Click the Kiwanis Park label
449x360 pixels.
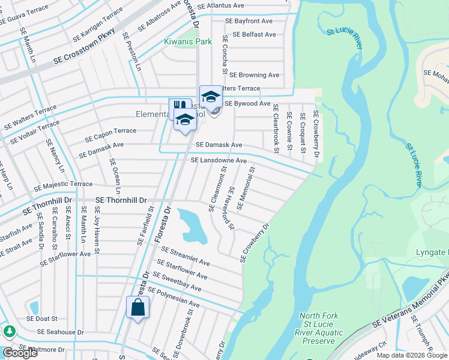(188, 42)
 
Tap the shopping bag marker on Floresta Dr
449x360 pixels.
(137, 308)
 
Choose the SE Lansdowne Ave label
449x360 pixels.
(218, 161)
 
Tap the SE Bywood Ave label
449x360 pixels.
(247, 103)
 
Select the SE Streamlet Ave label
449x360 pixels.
(185, 257)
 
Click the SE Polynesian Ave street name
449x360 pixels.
(173, 297)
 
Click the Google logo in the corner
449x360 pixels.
(20, 353)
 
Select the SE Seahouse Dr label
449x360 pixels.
(55, 332)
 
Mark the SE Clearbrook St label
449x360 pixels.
(276, 127)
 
